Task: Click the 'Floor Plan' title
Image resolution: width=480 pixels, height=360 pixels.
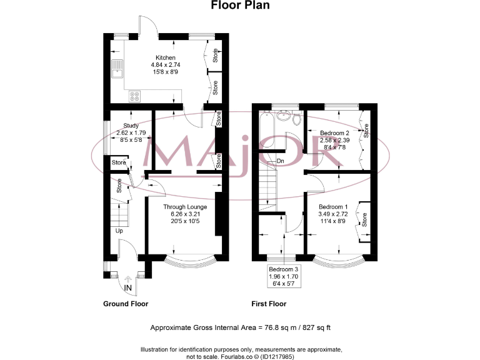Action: click(x=240, y=6)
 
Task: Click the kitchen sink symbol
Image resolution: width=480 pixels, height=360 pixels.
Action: click(x=117, y=69)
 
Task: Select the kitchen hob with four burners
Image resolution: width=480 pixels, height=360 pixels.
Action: click(x=134, y=96)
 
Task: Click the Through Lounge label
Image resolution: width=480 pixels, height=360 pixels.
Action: click(x=185, y=207)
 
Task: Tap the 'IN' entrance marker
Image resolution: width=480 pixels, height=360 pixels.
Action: click(x=127, y=287)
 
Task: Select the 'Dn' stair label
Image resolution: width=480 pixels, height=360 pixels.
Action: click(x=280, y=161)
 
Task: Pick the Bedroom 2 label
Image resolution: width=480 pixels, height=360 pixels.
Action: click(x=334, y=133)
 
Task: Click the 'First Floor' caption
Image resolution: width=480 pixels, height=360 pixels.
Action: click(x=268, y=304)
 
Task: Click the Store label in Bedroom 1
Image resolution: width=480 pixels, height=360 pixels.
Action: click(x=364, y=219)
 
